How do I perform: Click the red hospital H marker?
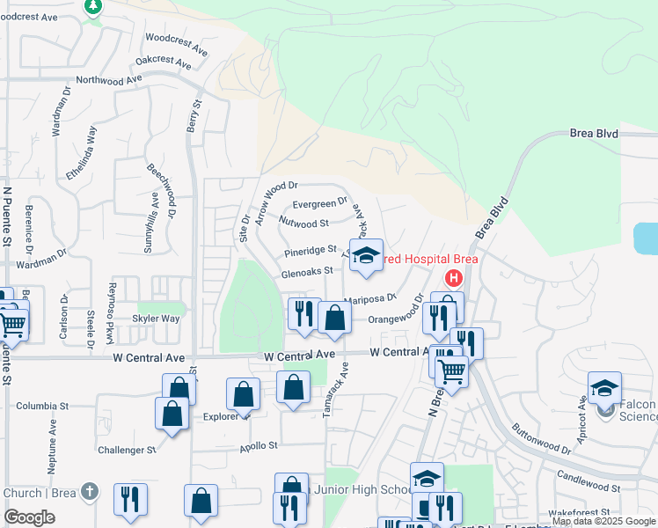coord(454,279)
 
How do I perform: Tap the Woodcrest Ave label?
coord(176,44)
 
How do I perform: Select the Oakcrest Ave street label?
coord(163,62)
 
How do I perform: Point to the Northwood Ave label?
coord(109,79)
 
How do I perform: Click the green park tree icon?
coord(93,5)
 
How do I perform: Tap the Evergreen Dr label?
coord(320,204)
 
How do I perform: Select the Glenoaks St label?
coord(306,272)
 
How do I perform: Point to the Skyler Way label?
coord(156,319)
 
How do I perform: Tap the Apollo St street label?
coord(259,446)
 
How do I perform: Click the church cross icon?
coord(89,492)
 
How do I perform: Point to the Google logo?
coord(30,517)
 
